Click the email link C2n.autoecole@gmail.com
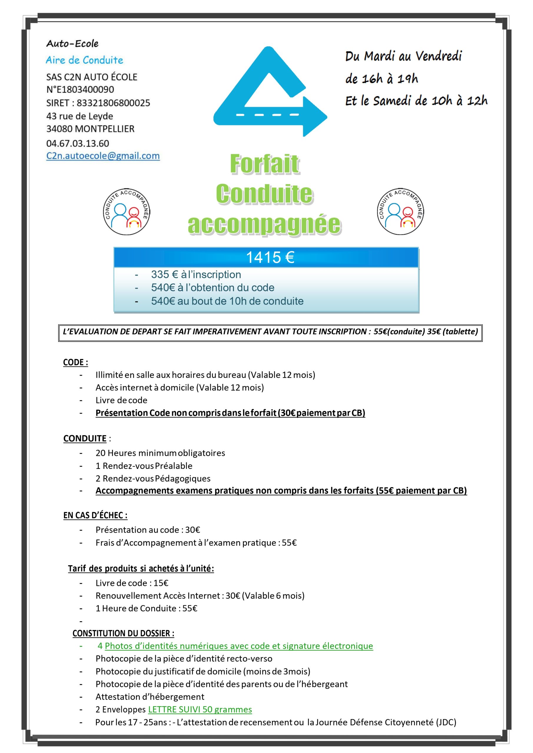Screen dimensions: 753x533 click(103, 156)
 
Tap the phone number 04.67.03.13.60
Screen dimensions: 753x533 click(77, 143)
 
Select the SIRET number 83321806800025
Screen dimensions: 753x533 click(113, 103)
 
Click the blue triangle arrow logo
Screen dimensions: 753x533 click(269, 92)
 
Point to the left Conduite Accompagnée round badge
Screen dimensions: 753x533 click(126, 211)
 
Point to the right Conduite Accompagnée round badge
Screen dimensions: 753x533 click(400, 211)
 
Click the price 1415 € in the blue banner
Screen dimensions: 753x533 click(270, 257)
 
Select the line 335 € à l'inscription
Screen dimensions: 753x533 click(196, 274)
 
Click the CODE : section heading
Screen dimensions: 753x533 click(75, 362)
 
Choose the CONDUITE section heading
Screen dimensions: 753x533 click(85, 439)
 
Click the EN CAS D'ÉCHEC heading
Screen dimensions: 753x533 click(95, 515)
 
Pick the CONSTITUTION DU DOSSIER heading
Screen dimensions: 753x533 click(123, 633)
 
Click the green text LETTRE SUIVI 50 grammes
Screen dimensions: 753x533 click(200, 709)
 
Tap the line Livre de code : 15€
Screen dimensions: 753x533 click(132, 583)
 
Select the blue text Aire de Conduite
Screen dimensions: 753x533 click(84, 60)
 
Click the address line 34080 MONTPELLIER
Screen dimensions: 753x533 click(90, 129)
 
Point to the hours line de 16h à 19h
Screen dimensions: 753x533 click(381, 79)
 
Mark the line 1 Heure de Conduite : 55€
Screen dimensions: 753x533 click(146, 608)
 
